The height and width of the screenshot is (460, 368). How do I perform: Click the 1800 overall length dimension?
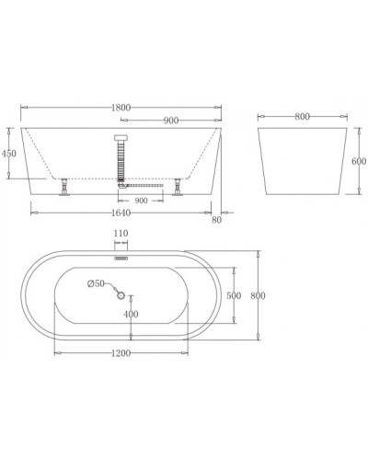120,108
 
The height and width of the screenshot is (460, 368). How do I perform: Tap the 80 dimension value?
217,219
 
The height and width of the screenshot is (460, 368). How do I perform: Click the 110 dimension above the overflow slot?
120,235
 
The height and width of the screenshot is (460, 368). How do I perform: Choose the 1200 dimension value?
120,352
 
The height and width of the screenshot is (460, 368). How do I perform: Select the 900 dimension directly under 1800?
169,121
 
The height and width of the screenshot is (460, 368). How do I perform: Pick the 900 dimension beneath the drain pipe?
142,199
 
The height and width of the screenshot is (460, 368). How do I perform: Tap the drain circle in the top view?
120,294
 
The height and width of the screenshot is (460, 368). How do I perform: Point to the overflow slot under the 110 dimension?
120,259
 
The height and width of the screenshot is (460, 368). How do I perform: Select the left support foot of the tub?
64,190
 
